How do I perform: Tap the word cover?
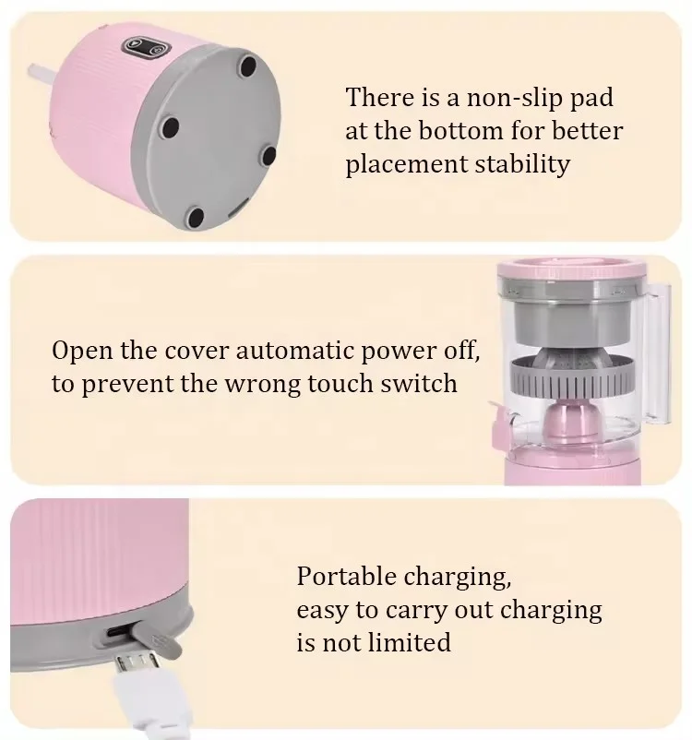[179, 351]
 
